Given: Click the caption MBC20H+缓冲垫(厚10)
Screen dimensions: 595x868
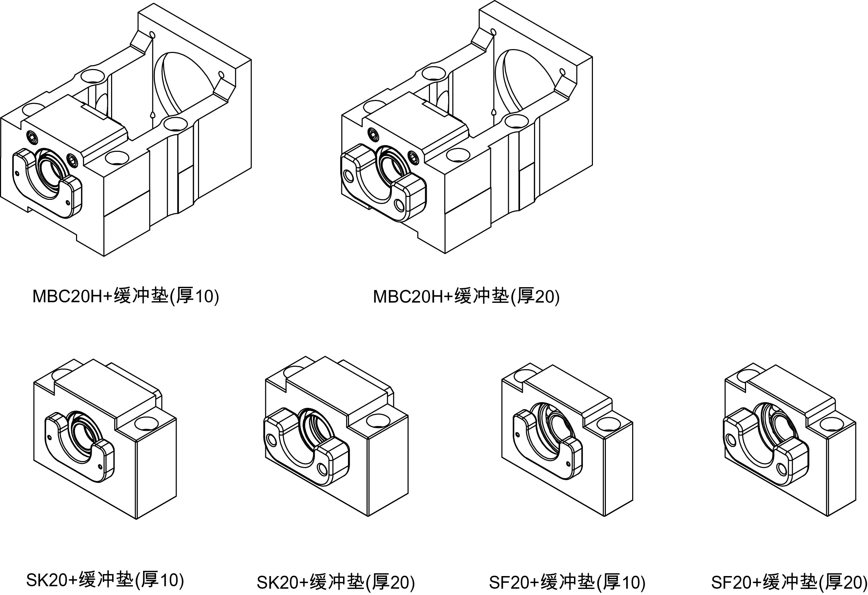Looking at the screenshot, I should tap(125, 296).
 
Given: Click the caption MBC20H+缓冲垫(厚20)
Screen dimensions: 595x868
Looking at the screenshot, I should tap(466, 296).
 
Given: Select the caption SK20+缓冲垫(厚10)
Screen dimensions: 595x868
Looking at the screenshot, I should tap(105, 580).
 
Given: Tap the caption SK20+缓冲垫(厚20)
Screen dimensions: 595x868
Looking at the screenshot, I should tap(336, 582).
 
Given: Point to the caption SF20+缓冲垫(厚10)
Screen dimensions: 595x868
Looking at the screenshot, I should tap(567, 582).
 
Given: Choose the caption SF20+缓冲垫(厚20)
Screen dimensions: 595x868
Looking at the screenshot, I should tap(789, 582).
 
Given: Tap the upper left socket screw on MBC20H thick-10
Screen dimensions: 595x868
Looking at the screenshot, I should tap(33, 137).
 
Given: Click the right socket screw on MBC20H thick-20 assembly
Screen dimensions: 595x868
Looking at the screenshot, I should tap(414, 157).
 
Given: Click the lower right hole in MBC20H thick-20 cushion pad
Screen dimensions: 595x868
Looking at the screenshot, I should tap(399, 205).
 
